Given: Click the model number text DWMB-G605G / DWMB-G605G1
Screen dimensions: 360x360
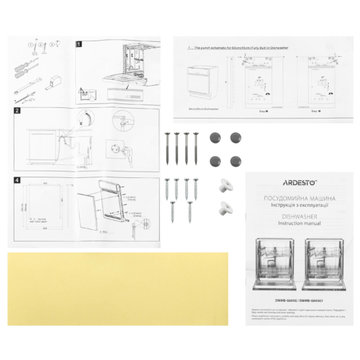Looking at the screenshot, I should click(x=298, y=295).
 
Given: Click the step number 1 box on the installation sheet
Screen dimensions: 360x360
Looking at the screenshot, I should click(x=79, y=45).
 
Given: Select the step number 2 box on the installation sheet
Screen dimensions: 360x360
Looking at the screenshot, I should click(x=18, y=112).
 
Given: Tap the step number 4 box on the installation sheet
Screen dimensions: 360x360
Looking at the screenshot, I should click(x=18, y=180).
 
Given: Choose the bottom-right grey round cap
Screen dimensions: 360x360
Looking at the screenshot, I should click(x=234, y=160).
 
